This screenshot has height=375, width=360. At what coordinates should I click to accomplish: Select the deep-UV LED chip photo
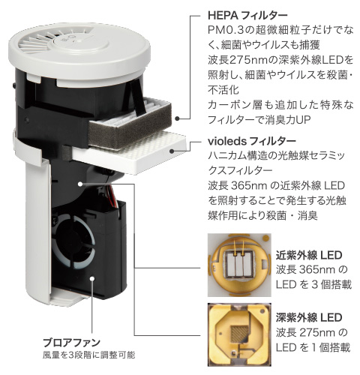(x=236, y=331)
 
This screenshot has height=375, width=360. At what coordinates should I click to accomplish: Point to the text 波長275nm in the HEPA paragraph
(x=237, y=58)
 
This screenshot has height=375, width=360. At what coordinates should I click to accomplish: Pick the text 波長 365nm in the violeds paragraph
(x=240, y=184)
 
